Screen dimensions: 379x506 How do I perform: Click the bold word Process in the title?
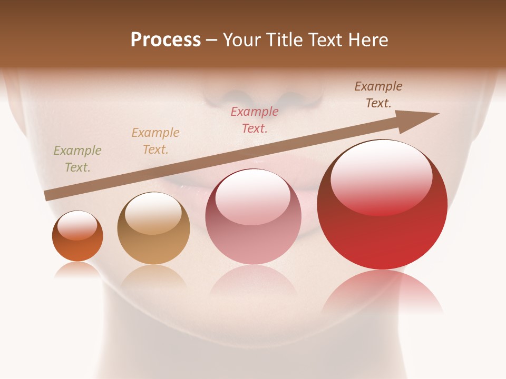click(166, 40)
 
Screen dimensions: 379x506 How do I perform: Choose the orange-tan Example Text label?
click(155, 141)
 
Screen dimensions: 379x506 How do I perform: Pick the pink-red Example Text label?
click(255, 119)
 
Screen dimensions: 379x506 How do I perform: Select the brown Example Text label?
click(378, 95)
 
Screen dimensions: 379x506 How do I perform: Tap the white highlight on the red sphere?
click(381, 176)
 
